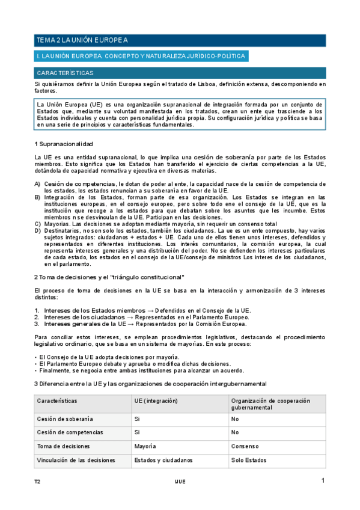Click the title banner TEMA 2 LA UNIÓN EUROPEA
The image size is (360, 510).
[x=180, y=40]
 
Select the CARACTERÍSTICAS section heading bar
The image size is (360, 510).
[x=180, y=72]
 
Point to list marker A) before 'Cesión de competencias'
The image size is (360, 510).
[x=37, y=183]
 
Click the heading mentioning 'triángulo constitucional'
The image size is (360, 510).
[x=109, y=277]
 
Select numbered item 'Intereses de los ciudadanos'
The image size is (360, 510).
[x=142, y=317]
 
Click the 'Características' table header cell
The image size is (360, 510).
[x=57, y=401]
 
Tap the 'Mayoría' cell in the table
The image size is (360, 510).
[x=145, y=446]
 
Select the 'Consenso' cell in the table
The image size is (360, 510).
[x=245, y=446]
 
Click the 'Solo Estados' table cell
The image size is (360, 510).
[x=248, y=460]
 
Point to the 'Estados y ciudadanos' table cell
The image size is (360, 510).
[x=163, y=460]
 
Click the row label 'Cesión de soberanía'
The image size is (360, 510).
[x=64, y=419]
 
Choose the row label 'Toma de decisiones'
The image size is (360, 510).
[x=63, y=446]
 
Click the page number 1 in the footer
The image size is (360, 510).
[x=323, y=481]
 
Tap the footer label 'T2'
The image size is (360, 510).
[x=37, y=482]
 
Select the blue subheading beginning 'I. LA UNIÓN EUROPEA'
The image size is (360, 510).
[x=141, y=56]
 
